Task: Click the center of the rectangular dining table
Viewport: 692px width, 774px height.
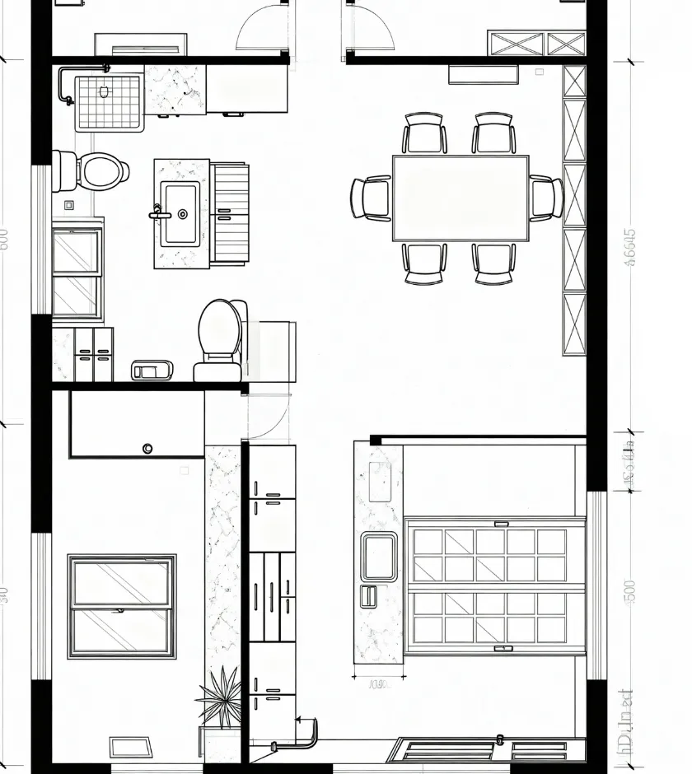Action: click(461, 198)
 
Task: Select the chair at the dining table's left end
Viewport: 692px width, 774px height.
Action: click(370, 198)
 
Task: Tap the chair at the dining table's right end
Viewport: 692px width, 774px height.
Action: click(546, 198)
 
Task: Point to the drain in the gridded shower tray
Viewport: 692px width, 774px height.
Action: click(105, 92)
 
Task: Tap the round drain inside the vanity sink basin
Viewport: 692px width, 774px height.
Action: click(183, 214)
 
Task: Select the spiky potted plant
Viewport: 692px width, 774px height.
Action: click(220, 698)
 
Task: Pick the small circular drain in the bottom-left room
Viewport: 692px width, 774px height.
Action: click(147, 448)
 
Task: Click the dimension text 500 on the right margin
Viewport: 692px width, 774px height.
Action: click(630, 591)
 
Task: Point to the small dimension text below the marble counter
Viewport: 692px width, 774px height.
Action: click(378, 683)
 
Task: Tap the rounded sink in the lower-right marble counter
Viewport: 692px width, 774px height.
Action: click(379, 557)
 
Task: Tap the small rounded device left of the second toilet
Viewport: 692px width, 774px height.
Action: click(154, 371)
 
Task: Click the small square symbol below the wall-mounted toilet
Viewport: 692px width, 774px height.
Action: click(68, 205)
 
